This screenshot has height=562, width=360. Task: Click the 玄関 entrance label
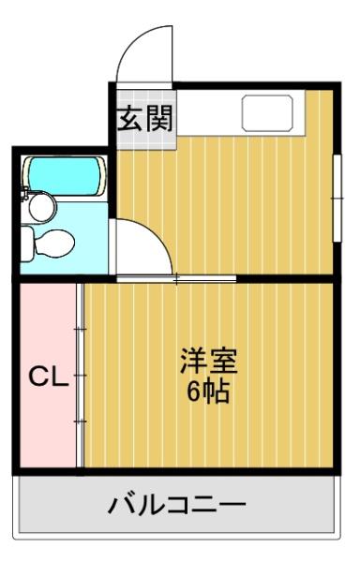point(144,119)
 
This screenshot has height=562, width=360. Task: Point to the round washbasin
point(40,206)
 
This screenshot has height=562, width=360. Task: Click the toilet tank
point(29,244)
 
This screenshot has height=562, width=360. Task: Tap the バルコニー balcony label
point(177,506)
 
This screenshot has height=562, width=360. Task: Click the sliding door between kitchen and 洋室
point(178,279)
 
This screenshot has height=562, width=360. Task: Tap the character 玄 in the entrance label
point(130,119)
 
